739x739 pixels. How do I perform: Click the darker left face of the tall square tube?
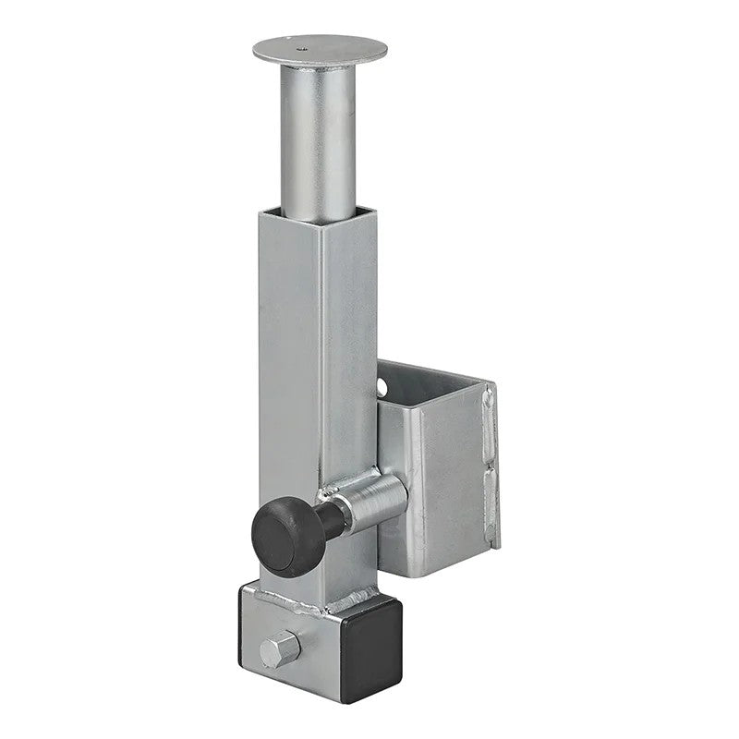[286, 369]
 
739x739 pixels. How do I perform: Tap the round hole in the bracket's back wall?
[382, 382]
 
